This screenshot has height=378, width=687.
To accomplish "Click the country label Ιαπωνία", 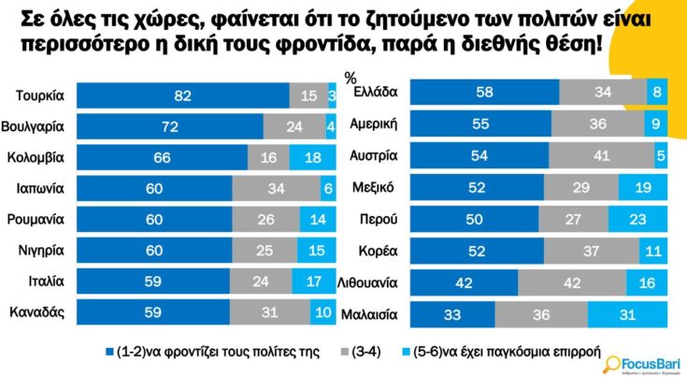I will click(39, 187).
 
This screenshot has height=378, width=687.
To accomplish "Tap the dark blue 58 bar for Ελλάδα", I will click(485, 92).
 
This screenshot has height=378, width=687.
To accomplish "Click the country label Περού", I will click(379, 219).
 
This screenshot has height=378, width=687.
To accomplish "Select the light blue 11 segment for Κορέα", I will click(652, 251).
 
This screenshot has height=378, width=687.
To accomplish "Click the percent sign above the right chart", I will click(351, 78).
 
